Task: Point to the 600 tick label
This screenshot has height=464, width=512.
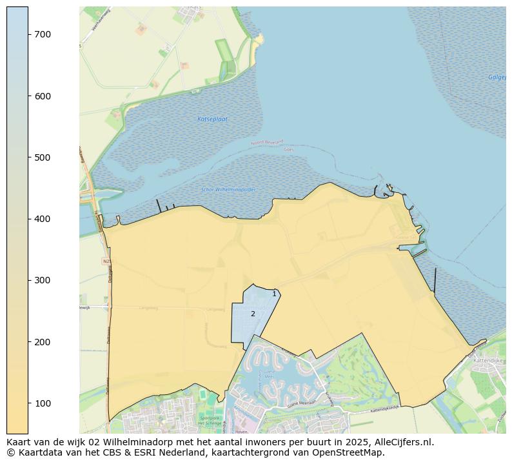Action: (43, 96)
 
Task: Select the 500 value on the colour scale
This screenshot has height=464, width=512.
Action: (43, 157)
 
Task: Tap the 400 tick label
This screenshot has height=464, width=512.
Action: (43, 219)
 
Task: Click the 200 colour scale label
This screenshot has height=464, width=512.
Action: (43, 341)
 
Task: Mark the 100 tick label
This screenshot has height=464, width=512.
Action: (43, 403)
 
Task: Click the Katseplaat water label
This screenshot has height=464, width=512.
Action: (212, 119)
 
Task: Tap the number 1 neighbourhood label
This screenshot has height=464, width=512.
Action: (274, 294)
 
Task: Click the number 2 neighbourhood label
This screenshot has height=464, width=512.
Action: (253, 314)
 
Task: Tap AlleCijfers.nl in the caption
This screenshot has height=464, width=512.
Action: (404, 442)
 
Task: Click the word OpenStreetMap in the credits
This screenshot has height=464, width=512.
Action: (349, 452)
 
